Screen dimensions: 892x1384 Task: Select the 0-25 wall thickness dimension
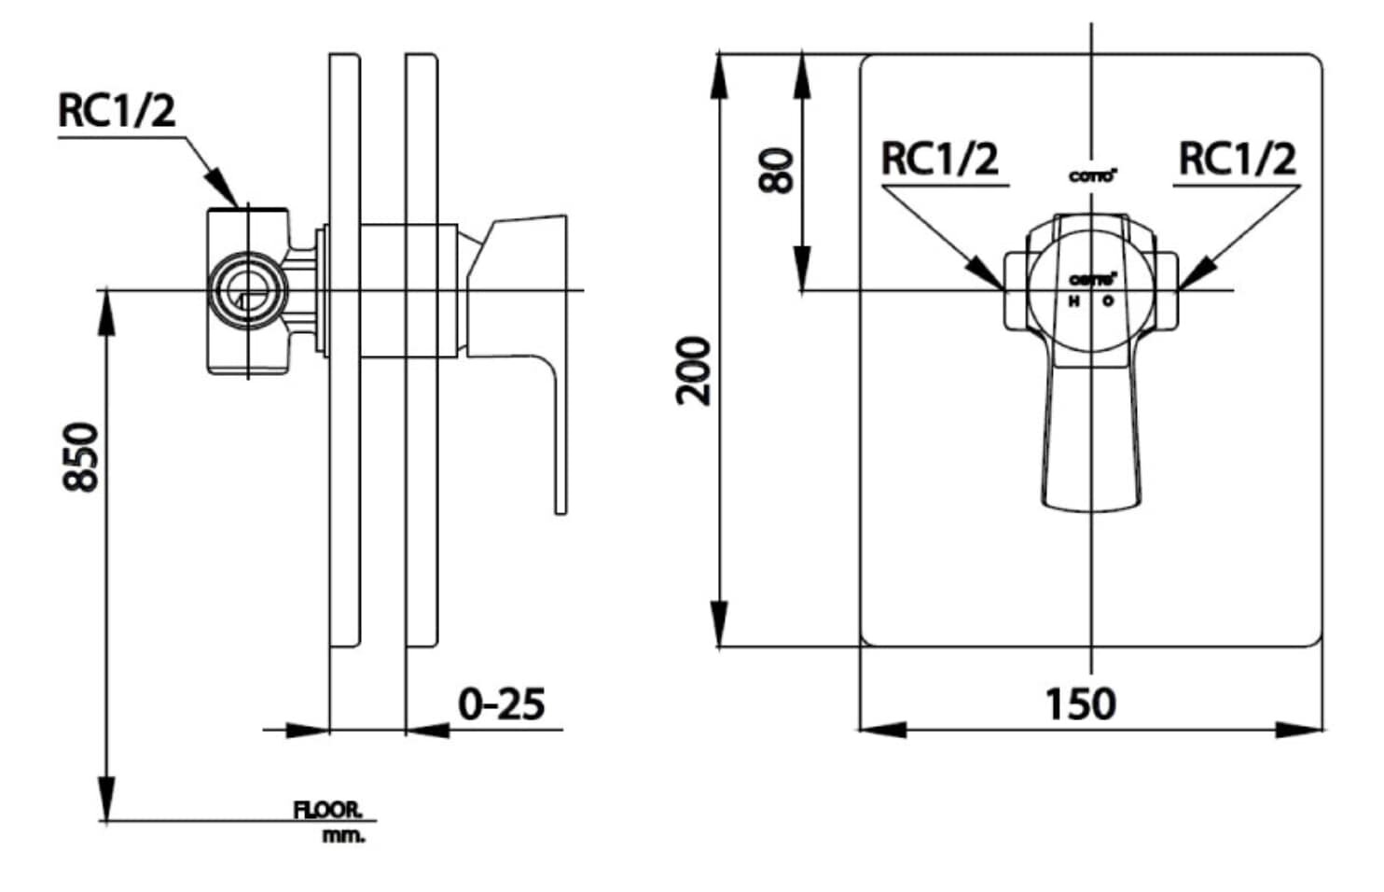(501, 704)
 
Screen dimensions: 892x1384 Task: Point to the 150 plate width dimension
(1080, 704)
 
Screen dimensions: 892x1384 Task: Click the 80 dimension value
(776, 171)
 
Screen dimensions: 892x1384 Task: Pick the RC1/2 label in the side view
(117, 111)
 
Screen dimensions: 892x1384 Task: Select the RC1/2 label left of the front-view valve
(939, 159)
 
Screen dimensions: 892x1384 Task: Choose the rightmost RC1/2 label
(1237, 159)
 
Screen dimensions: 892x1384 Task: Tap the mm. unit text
(344, 836)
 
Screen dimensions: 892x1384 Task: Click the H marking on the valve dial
(1073, 301)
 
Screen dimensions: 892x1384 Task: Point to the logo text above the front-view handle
(1092, 176)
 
